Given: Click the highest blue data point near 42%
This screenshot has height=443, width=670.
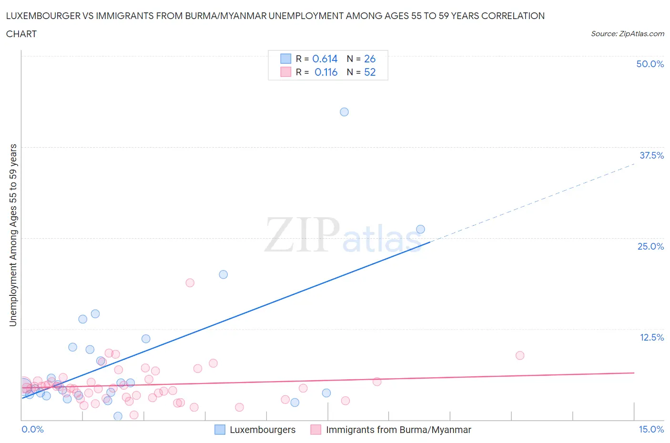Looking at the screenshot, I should tap(344, 112).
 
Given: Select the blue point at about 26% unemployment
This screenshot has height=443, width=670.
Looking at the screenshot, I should tap(420, 229).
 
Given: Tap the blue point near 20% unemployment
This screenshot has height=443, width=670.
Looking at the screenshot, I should tap(223, 274).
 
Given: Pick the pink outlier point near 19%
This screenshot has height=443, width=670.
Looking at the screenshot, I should tap(190, 282).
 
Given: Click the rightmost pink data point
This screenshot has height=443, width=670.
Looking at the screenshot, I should tap(520, 355).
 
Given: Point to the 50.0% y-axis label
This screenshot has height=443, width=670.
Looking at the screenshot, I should tap(650, 64).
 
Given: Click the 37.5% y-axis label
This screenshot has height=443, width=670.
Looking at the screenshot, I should tap(651, 155).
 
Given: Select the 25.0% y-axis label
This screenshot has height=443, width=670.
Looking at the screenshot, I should tap(650, 246).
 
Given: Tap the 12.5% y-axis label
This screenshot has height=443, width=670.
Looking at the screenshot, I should tap(651, 337).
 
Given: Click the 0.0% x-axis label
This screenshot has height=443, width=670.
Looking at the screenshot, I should tap(32, 429).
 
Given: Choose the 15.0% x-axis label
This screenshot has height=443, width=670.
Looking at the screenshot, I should tap(651, 429).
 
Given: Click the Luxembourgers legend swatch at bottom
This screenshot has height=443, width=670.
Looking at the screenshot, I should tap(220, 430).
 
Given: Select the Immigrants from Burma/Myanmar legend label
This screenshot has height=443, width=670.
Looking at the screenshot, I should tap(398, 430).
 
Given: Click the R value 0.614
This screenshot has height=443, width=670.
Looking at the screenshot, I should tap(325, 59).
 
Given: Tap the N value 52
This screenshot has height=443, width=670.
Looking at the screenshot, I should tap(370, 72).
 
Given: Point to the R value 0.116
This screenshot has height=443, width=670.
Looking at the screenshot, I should tap(326, 72).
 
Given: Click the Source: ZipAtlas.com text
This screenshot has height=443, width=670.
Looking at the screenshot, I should tap(627, 33).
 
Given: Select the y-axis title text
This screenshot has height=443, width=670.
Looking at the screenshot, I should tap(13, 235).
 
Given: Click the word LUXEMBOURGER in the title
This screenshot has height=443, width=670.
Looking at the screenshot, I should tap(43, 16).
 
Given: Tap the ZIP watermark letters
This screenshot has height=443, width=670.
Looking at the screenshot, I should tap(301, 234).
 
